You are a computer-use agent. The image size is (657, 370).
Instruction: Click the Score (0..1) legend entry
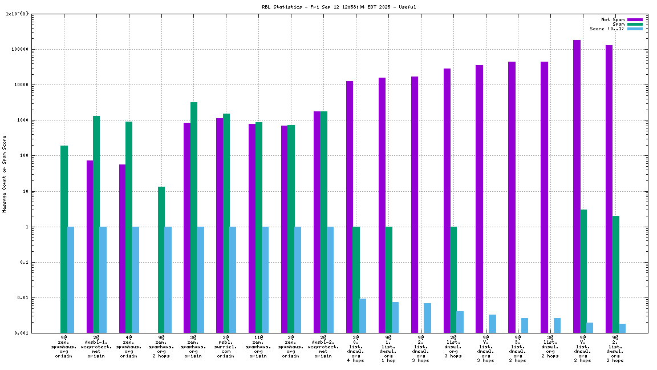click(607, 29)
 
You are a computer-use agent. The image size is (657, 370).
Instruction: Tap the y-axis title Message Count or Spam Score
click(5, 174)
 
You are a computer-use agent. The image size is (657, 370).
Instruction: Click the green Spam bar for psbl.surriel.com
click(226, 223)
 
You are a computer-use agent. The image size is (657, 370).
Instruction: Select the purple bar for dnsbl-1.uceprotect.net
click(90, 246)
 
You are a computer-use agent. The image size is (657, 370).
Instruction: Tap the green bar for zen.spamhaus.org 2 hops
click(161, 259)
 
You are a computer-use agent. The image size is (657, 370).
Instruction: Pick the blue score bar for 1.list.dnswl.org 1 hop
click(395, 317)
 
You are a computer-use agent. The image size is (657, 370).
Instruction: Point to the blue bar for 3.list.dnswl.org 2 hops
click(525, 325)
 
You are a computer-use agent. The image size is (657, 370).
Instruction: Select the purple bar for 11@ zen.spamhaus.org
click(252, 228)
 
